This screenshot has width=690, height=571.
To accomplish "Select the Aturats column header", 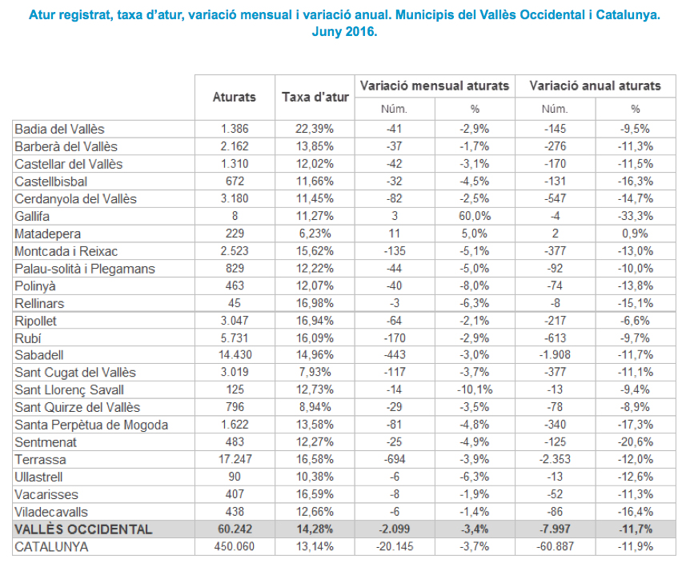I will click(x=235, y=97).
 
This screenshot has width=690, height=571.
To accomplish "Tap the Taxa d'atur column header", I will click(x=315, y=97).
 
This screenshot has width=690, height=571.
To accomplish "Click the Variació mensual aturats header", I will click(x=435, y=86).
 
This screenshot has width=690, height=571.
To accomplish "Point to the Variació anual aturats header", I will click(x=595, y=86).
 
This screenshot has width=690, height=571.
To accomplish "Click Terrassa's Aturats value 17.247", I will click(x=235, y=460).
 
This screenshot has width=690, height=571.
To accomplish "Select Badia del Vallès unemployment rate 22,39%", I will click(x=315, y=129).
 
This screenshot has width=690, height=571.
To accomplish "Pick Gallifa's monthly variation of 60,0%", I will click(x=475, y=215).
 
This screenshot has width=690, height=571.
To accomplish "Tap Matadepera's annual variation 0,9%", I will click(x=635, y=233).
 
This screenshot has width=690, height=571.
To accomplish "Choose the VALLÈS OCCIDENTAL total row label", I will click(x=83, y=529).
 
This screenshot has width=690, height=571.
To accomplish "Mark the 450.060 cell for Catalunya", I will click(x=235, y=547).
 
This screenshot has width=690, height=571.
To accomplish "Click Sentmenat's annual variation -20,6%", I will click(x=635, y=442).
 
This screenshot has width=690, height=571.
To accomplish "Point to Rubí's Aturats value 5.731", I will click(x=235, y=337).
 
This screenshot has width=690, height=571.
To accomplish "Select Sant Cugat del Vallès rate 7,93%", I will click(x=315, y=373).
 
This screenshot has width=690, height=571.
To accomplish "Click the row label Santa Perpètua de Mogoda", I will click(x=91, y=425).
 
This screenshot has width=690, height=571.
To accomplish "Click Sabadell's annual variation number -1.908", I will click(x=555, y=355).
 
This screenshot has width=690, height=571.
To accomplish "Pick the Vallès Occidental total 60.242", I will click(x=235, y=529).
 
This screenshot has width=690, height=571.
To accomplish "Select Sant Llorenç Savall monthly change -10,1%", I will click(x=475, y=390).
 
